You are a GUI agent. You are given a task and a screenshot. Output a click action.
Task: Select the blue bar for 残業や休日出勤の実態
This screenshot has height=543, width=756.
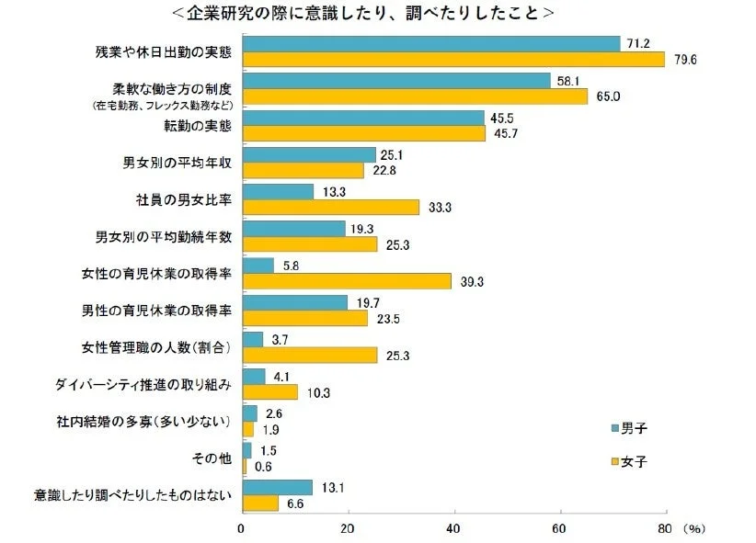[430, 44]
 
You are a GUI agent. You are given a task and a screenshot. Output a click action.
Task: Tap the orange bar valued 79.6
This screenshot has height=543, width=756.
[452, 60]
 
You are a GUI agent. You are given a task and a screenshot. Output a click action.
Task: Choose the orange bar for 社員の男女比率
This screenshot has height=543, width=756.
[330, 207]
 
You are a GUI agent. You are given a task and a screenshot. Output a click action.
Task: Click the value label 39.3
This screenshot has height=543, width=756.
[475, 280]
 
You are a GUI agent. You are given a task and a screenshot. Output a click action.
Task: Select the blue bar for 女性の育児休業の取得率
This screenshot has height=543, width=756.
[258, 265]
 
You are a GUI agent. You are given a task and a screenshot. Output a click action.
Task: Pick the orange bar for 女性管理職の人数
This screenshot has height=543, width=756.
[309, 355]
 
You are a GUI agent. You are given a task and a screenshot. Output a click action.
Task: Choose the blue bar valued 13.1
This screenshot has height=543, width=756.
[277, 487]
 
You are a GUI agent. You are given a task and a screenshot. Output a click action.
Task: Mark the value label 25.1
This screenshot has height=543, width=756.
[393, 153]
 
